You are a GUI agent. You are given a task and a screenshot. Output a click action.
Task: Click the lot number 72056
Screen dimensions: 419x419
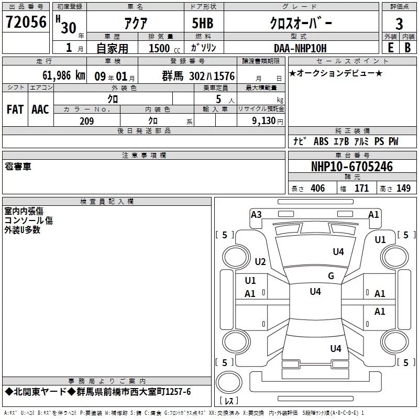coord(26,22)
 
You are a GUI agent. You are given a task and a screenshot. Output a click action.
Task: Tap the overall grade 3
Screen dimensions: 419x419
coord(399,24)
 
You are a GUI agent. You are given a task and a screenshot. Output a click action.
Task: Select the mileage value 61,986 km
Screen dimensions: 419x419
coord(64,75)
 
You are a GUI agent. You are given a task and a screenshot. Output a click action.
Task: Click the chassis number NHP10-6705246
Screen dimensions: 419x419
coord(352,167)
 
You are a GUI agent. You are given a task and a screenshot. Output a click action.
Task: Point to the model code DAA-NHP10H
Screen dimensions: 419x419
coord(300,48)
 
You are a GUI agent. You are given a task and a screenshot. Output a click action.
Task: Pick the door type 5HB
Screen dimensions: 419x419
coord(203,23)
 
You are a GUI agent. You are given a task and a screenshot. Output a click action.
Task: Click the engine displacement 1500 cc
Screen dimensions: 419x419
coord(164,48)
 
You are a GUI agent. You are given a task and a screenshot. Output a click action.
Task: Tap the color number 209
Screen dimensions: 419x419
coord(86,121)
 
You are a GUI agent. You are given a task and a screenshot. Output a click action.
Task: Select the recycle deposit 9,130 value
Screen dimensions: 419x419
coord(264,121)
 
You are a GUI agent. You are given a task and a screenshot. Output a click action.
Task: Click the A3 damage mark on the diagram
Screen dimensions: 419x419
coord(256,215)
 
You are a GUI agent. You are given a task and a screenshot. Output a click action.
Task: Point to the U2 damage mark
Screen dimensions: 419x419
coord(260,261)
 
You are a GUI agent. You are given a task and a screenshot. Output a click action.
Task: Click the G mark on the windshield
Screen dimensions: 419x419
coord(331,275)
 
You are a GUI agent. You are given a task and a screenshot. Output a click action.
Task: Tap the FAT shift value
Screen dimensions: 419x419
coord(15,109)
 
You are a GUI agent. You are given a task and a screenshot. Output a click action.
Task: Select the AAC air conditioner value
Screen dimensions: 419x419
coord(40,109)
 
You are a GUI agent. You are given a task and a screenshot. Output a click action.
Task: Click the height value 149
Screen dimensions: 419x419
coord(403,188)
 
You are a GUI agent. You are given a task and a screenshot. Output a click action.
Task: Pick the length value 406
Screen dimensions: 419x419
coord(318,188)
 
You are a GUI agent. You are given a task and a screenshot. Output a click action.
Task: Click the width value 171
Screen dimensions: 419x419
coord(361,188)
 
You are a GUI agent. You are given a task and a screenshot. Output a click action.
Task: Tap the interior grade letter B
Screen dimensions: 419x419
coord(407,48)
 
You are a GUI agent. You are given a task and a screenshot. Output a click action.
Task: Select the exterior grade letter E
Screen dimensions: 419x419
coord(390,48)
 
